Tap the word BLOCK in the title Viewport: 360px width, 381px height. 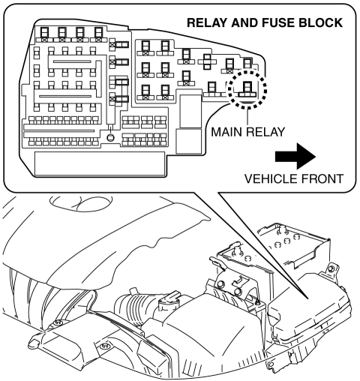click(320, 22)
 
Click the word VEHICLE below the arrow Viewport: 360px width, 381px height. click(271, 179)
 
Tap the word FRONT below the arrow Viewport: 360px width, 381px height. click(322, 179)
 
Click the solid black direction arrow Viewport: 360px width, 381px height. click(295, 157)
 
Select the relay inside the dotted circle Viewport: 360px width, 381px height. click(247, 89)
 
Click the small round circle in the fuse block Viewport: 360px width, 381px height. click(110, 137)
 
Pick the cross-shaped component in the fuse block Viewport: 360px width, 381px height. click(208, 61)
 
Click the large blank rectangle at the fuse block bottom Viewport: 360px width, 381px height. click(100, 163)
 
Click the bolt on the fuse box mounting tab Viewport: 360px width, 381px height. click(332, 268)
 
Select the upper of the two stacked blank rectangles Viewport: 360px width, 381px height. click(190, 111)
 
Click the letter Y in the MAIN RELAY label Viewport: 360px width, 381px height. click(280, 132)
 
